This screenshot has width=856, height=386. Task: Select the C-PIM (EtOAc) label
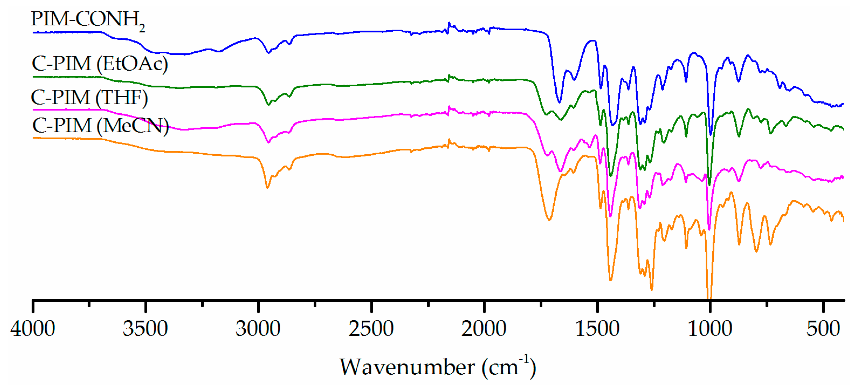[x=100, y=63]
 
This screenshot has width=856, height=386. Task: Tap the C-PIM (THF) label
[x=89, y=98]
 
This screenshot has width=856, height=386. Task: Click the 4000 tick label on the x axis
[x=33, y=329]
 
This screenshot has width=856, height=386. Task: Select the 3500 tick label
[x=145, y=329]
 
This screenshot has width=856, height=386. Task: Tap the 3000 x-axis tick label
[x=258, y=329]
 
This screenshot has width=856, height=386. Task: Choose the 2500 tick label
[x=371, y=329]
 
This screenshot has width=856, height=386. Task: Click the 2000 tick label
[x=484, y=329]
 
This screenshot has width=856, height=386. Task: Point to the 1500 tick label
[x=597, y=329]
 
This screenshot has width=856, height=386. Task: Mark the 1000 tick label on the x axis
[x=710, y=329]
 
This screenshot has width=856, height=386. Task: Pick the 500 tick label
[x=823, y=329]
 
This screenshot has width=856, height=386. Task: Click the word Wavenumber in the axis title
[x=407, y=367]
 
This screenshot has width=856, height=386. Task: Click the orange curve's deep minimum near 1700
[x=549, y=220]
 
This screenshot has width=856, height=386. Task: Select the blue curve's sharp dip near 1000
[x=711, y=134]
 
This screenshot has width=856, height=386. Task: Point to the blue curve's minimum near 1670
[x=559, y=102]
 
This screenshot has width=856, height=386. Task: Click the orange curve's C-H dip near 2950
[x=267, y=188]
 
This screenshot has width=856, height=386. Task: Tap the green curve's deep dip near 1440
[x=611, y=175]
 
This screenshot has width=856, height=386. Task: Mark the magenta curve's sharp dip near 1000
[x=709, y=229]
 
